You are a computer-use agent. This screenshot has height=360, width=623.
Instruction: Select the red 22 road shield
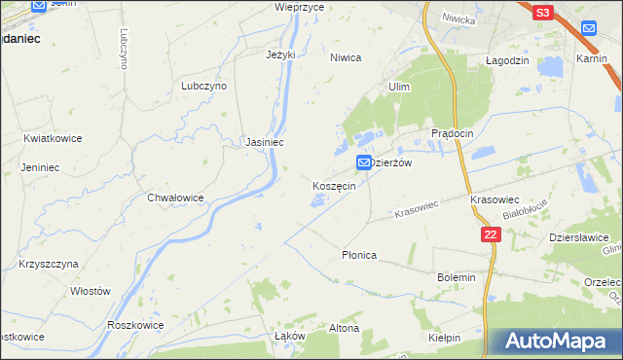[x=491, y=235]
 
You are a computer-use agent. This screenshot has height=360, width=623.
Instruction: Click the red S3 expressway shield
[x=542, y=12]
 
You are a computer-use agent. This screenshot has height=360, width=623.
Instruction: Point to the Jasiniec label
[x=264, y=142]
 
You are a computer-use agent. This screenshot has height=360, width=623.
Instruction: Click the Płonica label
[x=358, y=255]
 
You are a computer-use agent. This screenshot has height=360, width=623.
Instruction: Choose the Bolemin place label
[x=456, y=277]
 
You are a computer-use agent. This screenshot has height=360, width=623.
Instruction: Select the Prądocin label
[x=452, y=132]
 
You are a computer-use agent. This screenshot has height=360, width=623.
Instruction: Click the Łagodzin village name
[x=506, y=59]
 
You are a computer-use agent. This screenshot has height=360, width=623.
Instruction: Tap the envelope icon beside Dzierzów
[x=364, y=162]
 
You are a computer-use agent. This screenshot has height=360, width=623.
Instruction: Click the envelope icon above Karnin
[x=589, y=28]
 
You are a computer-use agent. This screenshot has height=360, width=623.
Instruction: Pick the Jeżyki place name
[x=279, y=54]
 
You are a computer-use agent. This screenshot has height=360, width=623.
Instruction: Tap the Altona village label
[x=344, y=328]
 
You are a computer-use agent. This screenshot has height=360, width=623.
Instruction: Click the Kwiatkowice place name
[x=53, y=138]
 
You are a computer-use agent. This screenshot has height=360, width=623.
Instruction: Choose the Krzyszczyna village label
[x=48, y=264]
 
